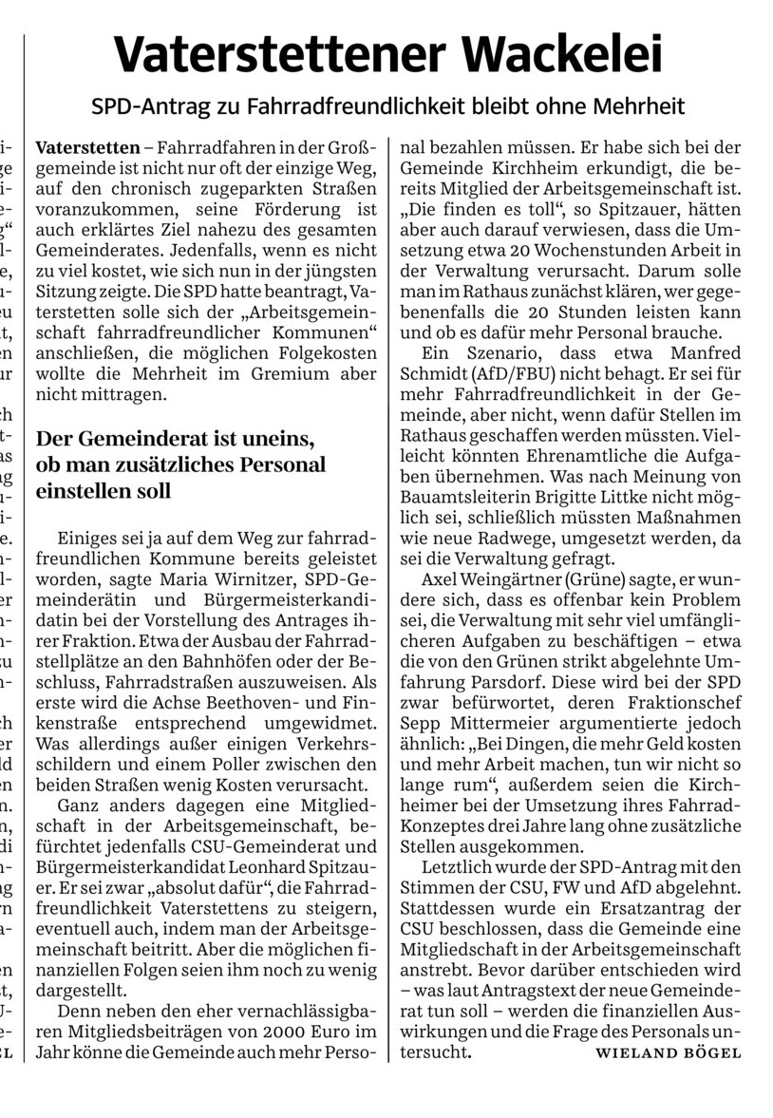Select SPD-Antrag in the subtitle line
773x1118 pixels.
140,106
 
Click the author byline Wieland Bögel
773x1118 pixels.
668,1053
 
